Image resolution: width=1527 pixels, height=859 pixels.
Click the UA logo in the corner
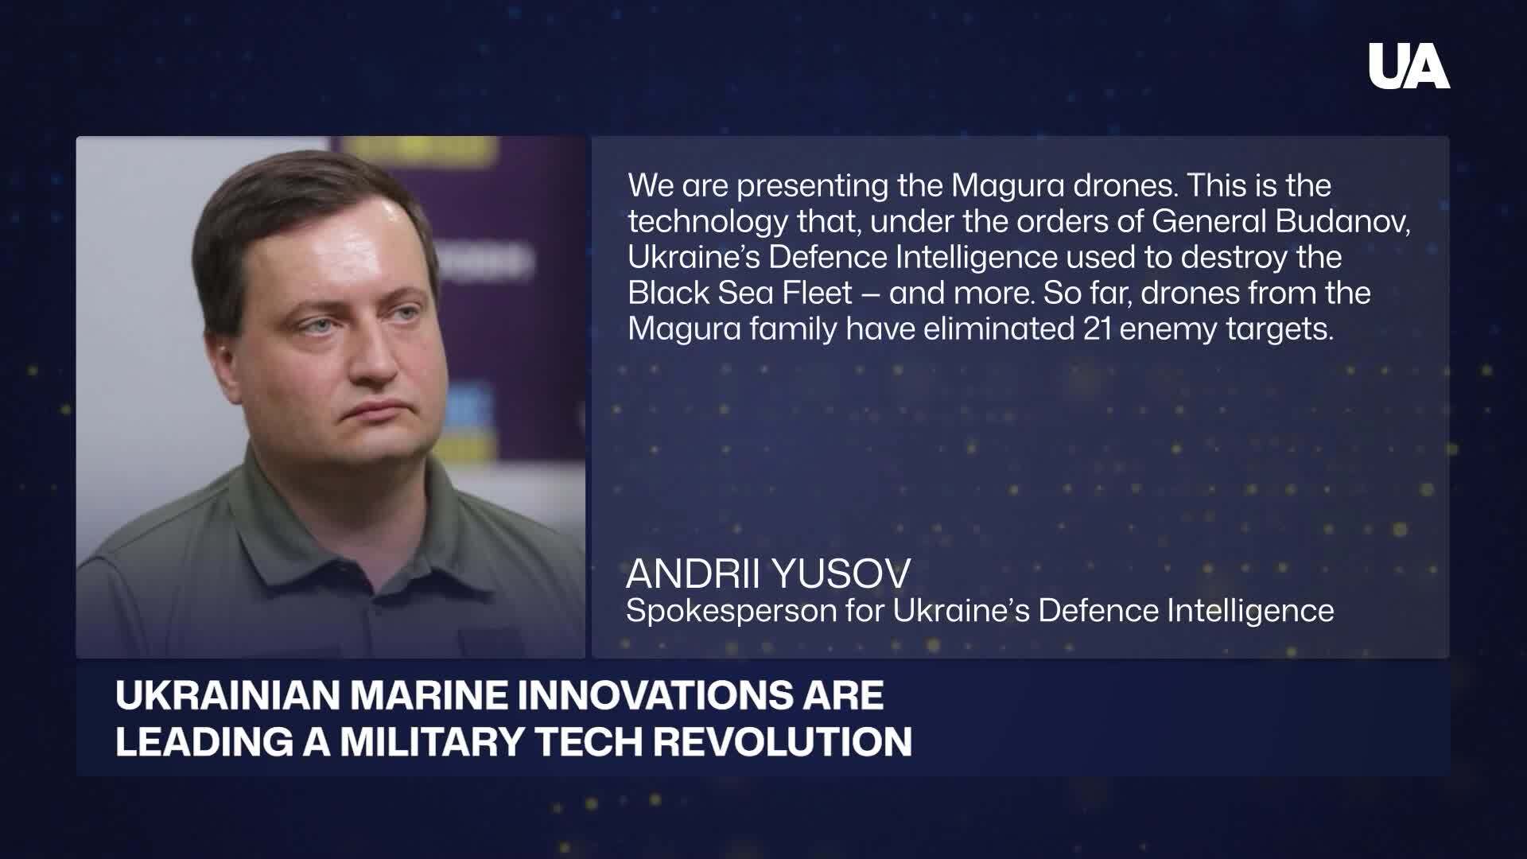tap(1408, 66)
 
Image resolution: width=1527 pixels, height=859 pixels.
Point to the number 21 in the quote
tap(1097, 328)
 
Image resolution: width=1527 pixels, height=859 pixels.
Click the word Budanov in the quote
tap(1342, 221)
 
